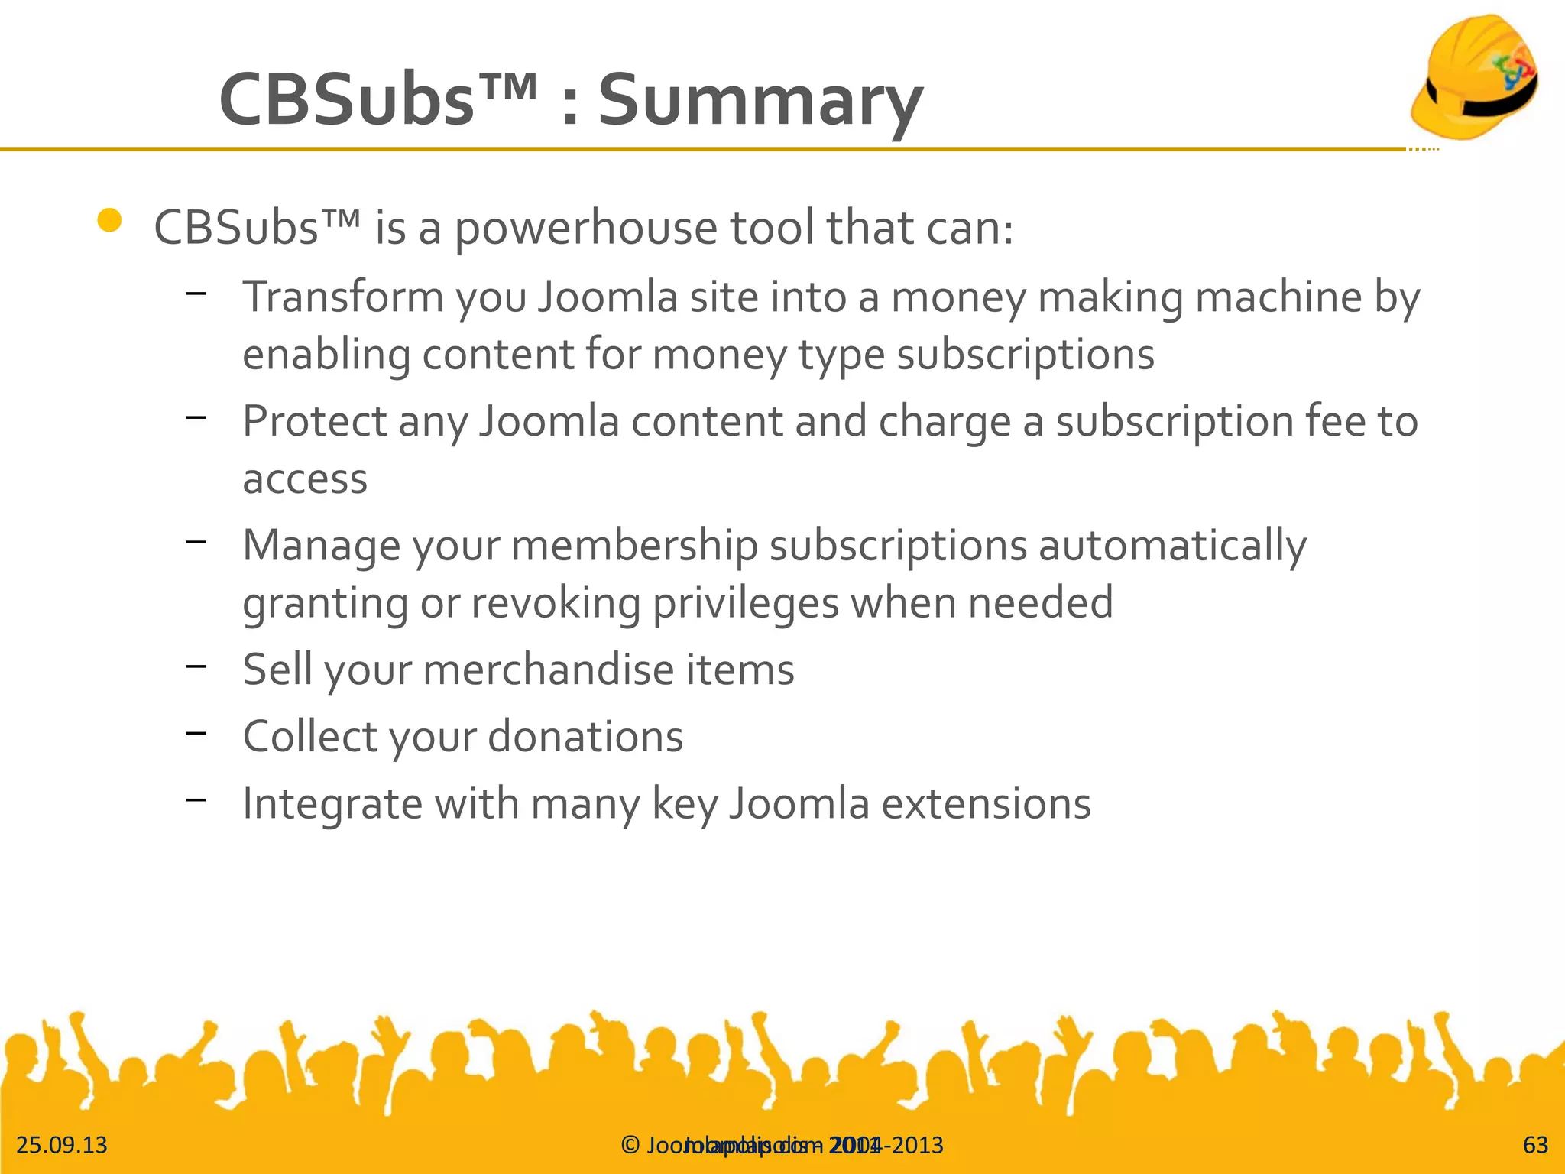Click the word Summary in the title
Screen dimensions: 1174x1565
tap(760, 101)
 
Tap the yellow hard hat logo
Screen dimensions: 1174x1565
tap(1474, 76)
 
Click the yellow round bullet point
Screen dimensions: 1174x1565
tap(110, 221)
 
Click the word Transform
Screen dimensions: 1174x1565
tap(343, 297)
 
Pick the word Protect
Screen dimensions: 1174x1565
tap(315, 421)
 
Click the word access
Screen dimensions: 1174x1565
tap(305, 479)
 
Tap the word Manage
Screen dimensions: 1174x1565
tap(321, 546)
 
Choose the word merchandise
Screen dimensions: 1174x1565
tap(548, 670)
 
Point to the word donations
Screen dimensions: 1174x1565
tap(585, 737)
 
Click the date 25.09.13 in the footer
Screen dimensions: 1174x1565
tap(62, 1145)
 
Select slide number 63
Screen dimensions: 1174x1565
tap(1535, 1145)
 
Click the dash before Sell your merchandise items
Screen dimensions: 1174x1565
tap(196, 666)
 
